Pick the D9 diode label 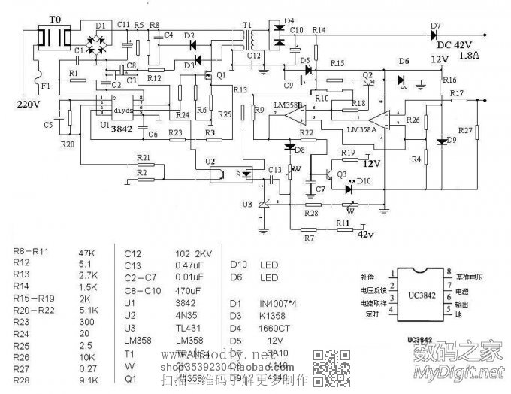[x=451, y=140]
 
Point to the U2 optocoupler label [x=209, y=162]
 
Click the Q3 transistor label [x=342, y=174]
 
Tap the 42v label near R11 [x=364, y=234]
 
